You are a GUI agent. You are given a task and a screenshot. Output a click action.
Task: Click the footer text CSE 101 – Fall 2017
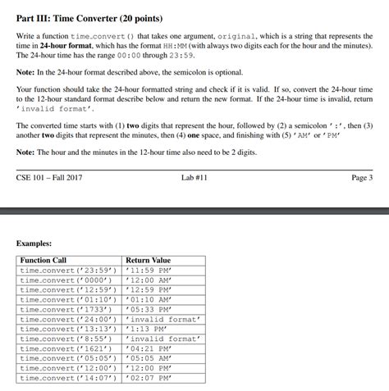[x=49, y=177]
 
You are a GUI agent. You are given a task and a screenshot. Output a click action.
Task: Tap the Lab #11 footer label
[x=194, y=177]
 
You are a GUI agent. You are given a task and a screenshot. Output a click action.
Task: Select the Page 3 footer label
[x=361, y=177]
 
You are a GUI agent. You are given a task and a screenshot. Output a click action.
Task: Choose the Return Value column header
[x=149, y=260]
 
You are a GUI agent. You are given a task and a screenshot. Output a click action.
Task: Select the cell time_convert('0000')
[x=66, y=280]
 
